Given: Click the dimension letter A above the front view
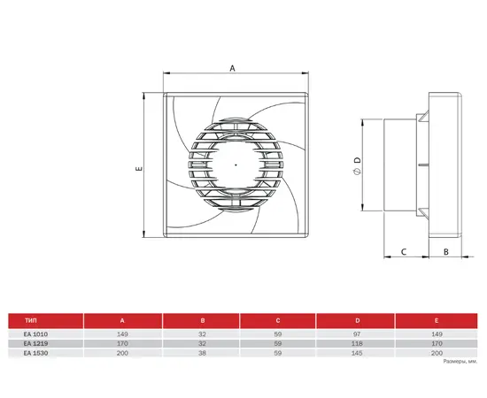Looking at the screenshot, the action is click(x=232, y=68).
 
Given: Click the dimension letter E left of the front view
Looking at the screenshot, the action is click(x=139, y=168).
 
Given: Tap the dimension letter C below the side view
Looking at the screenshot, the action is click(x=404, y=251).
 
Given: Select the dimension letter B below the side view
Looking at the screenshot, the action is click(x=446, y=251).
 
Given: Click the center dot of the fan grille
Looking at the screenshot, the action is click(x=236, y=165).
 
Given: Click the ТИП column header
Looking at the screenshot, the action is click(x=31, y=320).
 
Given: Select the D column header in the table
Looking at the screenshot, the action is click(x=358, y=320).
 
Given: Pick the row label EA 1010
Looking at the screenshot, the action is click(x=35, y=334).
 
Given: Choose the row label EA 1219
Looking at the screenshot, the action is click(x=35, y=343).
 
